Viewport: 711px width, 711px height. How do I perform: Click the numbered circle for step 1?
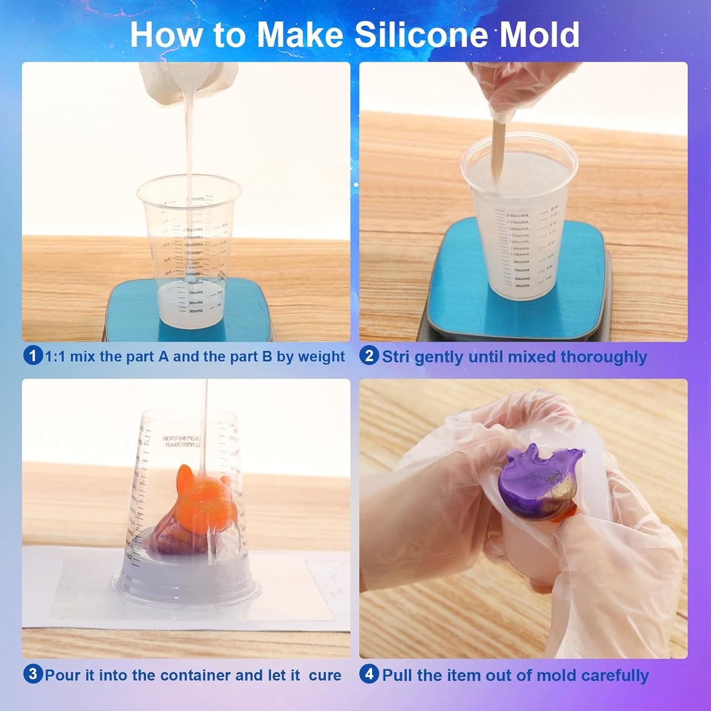pos(32,356)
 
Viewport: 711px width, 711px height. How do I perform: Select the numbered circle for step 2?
pos(369,356)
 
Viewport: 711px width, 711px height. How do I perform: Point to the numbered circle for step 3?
pos(32,674)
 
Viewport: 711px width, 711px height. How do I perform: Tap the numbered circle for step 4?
pos(369,674)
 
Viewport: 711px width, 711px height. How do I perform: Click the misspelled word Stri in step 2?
pos(396,356)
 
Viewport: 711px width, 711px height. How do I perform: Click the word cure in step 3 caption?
pos(325,675)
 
